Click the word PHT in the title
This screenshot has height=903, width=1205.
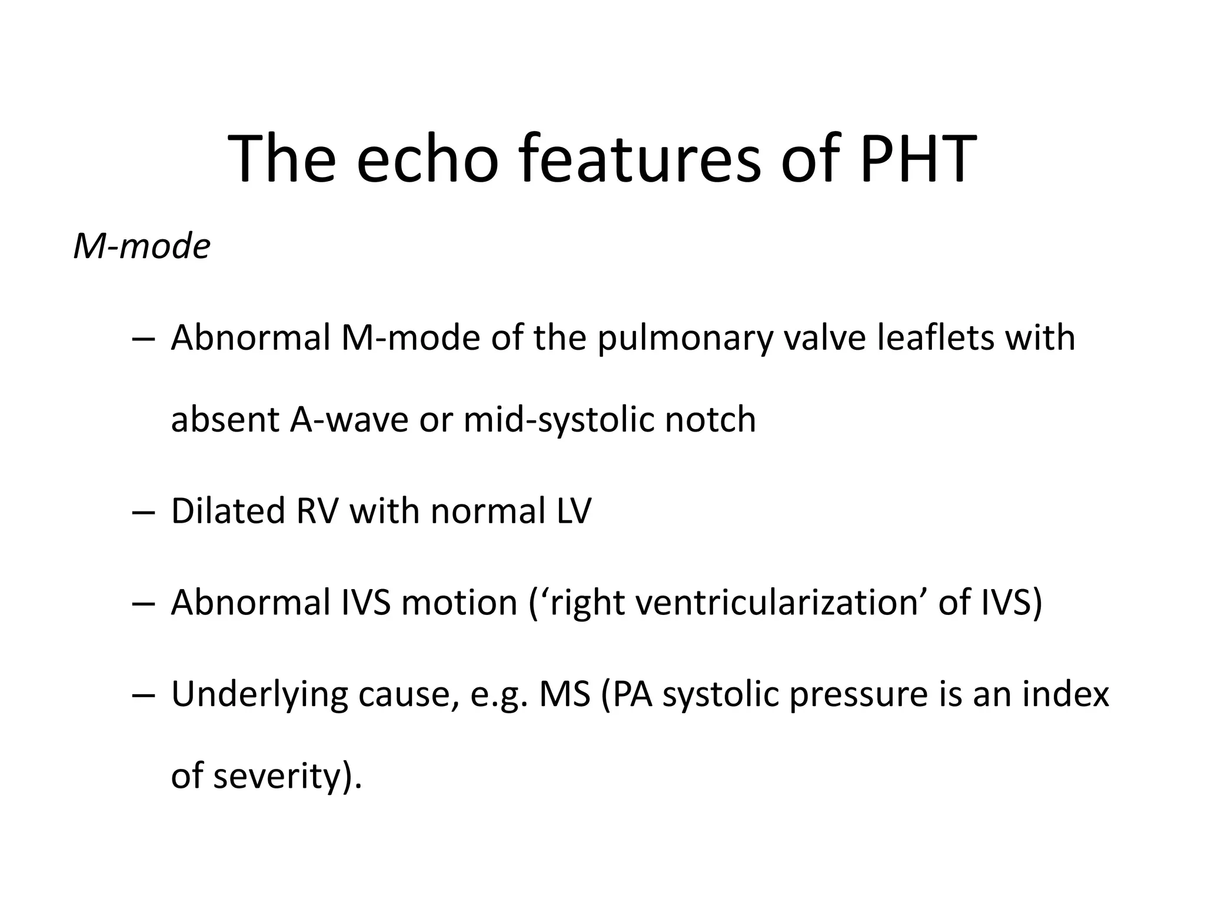click(x=918, y=159)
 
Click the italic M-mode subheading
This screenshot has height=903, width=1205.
click(x=142, y=246)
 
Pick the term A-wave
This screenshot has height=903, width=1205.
click(x=349, y=420)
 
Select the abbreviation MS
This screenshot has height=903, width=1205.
click(x=565, y=694)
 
